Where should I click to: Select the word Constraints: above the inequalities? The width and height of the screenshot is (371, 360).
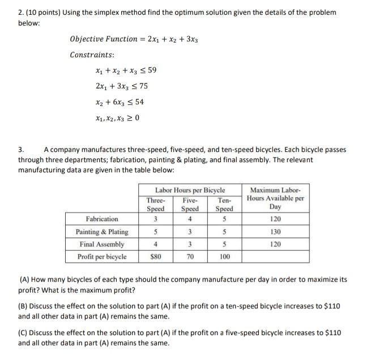pyautogui.click(x=92, y=55)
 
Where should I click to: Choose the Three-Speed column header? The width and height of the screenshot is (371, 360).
pyautogui.click(x=156, y=204)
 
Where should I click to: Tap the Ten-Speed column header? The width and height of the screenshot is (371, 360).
pyautogui.click(x=224, y=204)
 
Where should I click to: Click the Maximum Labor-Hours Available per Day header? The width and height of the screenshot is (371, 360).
pyautogui.click(x=276, y=198)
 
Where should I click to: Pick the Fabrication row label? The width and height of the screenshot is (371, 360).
pyautogui.click(x=102, y=219)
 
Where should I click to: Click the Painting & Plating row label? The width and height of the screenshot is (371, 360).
pyautogui.click(x=102, y=232)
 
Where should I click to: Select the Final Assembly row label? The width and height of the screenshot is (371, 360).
pyautogui.click(x=102, y=244)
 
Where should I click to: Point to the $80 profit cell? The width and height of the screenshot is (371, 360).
pyautogui.click(x=156, y=257)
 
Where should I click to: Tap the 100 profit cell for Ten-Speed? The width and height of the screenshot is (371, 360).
pyautogui.click(x=224, y=257)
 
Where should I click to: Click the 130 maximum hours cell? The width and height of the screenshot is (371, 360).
pyautogui.click(x=276, y=232)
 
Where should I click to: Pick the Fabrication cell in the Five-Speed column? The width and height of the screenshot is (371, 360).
pyautogui.click(x=190, y=219)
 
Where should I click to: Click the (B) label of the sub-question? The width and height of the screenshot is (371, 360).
pyautogui.click(x=24, y=306)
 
